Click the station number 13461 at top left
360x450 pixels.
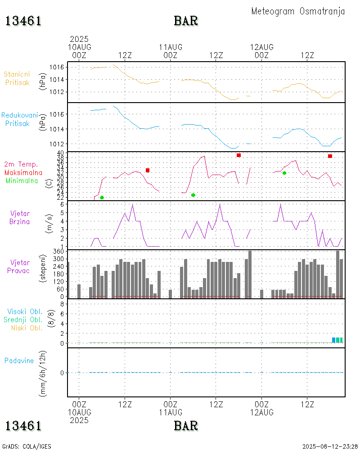click(x=23, y=21)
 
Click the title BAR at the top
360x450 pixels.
click(x=186, y=21)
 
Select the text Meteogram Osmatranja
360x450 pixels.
click(x=298, y=11)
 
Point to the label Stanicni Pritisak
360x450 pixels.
click(x=17, y=78)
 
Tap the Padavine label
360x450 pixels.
click(x=19, y=360)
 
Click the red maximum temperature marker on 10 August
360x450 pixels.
click(x=148, y=170)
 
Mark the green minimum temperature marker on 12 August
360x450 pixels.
click(x=284, y=173)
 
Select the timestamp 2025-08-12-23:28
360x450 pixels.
click(x=330, y=446)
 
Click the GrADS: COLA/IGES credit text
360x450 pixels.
click(x=27, y=446)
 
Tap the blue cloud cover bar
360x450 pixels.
click(x=334, y=340)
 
